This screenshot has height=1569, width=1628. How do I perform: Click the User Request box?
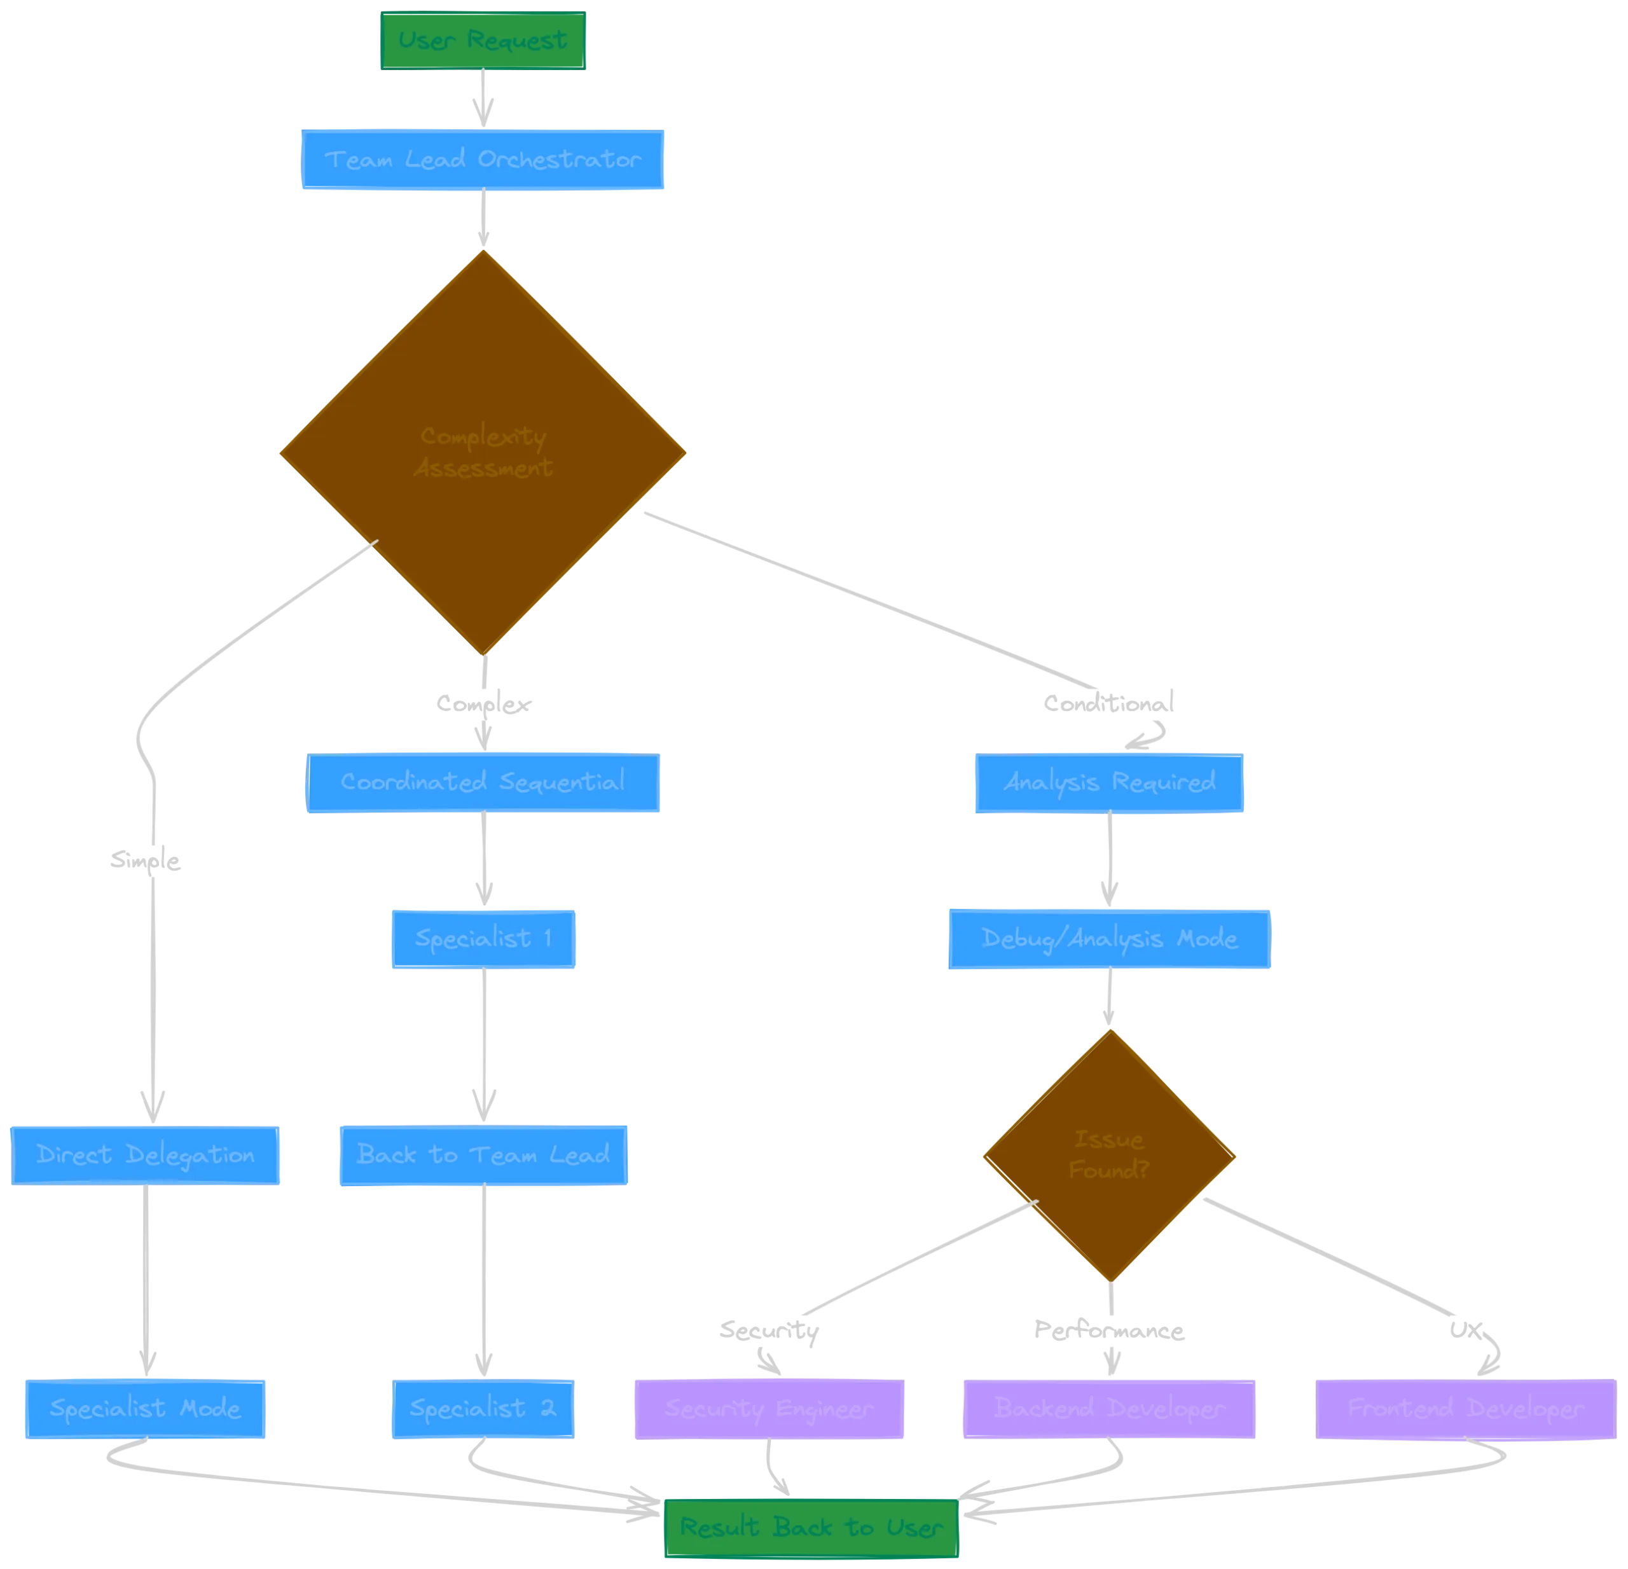(x=483, y=41)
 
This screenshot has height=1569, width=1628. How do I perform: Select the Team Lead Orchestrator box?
(x=483, y=160)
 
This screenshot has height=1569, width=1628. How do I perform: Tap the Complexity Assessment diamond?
(x=483, y=453)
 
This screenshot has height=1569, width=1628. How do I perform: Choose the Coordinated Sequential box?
(x=483, y=782)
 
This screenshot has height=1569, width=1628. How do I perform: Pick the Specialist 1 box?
(x=483, y=939)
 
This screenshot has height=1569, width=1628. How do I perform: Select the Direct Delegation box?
(x=146, y=1154)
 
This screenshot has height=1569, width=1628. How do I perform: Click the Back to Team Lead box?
(x=483, y=1154)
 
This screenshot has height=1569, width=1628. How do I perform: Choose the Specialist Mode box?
(x=146, y=1409)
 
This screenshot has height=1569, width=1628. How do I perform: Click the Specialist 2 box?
(x=483, y=1409)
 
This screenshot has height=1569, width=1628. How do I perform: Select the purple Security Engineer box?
(x=768, y=1409)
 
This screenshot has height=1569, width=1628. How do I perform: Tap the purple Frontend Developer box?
(x=1465, y=1409)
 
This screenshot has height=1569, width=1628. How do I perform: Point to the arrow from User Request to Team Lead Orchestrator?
(x=483, y=99)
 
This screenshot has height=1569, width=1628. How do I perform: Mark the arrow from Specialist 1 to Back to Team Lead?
(x=483, y=1047)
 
